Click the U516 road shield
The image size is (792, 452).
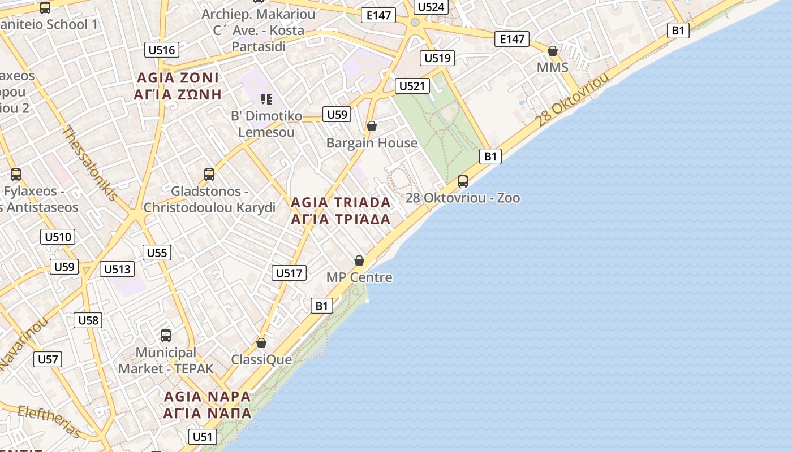pos(162,50)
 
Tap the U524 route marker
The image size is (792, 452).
pos(432,7)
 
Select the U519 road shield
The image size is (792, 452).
pos(437,58)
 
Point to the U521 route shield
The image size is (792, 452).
pos(412,86)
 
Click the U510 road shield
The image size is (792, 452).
pos(58,237)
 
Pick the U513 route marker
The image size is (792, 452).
pos(118,269)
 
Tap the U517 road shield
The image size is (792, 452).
pos(289,273)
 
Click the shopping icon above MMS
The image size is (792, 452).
pos(553,51)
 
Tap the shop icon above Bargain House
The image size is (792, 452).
pos(372,126)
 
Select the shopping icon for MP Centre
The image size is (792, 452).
pos(359,260)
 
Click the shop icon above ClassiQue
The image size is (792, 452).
pos(261,343)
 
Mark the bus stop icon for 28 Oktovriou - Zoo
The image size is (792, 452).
pos(463,181)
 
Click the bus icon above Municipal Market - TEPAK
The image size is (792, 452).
pos(166,336)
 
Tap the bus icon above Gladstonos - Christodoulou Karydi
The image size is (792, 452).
pos(209,175)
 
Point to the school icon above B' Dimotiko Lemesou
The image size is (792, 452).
pos(266,100)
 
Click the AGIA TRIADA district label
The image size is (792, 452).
pos(341,211)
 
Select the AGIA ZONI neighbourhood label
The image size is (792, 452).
pos(178,86)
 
